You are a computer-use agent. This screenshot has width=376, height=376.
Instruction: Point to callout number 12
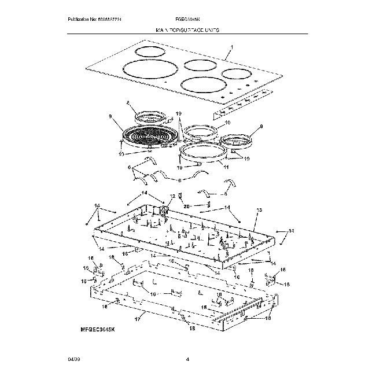[x=172, y=197]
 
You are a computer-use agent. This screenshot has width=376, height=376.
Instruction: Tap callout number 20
[x=186, y=207]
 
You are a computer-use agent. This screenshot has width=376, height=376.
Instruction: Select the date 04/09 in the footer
[x=73, y=360]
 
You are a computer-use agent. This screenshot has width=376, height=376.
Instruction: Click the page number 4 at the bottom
[x=188, y=360]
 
